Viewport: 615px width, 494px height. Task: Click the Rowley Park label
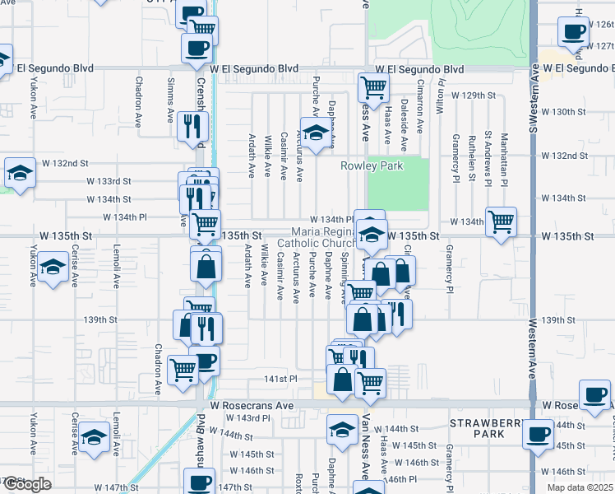pos(372,165)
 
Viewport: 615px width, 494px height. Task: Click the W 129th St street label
pos(474,96)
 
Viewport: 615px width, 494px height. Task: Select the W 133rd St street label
pos(109,180)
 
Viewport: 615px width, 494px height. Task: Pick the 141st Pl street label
pos(280,378)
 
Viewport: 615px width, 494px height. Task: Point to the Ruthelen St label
pos(472,156)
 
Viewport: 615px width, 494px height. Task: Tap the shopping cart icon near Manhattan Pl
pos(501,221)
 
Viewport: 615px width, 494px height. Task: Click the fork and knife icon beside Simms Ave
pos(192,126)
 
